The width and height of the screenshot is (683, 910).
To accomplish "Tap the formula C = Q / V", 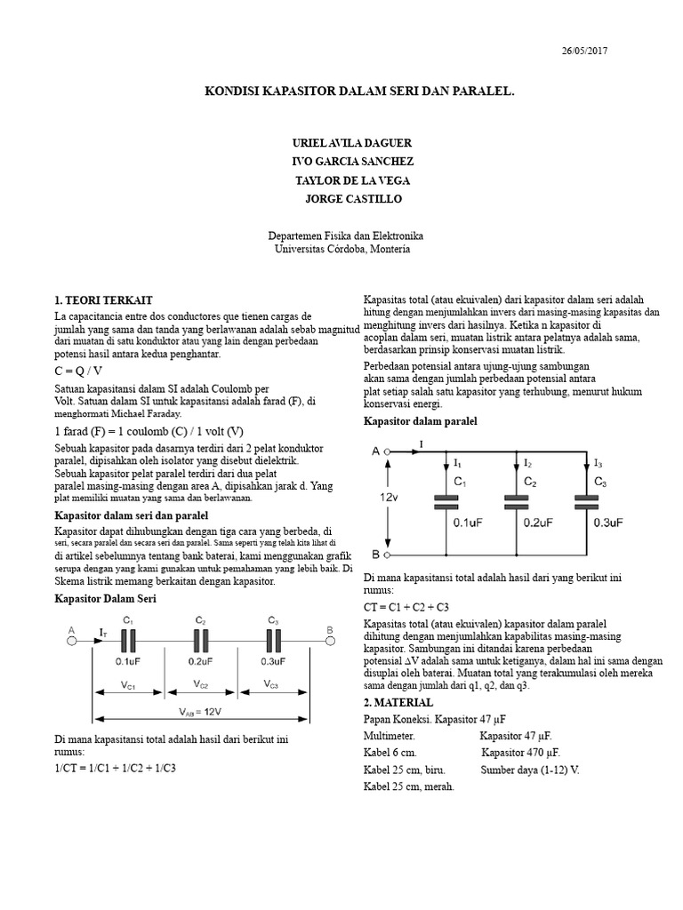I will (x=78, y=371).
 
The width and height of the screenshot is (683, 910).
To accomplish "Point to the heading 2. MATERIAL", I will (x=400, y=702).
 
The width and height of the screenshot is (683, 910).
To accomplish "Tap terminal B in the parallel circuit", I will (x=376, y=555).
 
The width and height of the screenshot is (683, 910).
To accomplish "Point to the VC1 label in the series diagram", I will (x=128, y=685).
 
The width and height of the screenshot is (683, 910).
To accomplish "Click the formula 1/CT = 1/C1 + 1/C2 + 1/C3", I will (x=115, y=768).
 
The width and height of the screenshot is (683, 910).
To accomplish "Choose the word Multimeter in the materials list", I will (x=390, y=736).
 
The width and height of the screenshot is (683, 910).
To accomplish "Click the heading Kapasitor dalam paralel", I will (x=420, y=420).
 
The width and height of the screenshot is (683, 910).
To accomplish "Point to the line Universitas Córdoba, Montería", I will (x=341, y=250).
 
